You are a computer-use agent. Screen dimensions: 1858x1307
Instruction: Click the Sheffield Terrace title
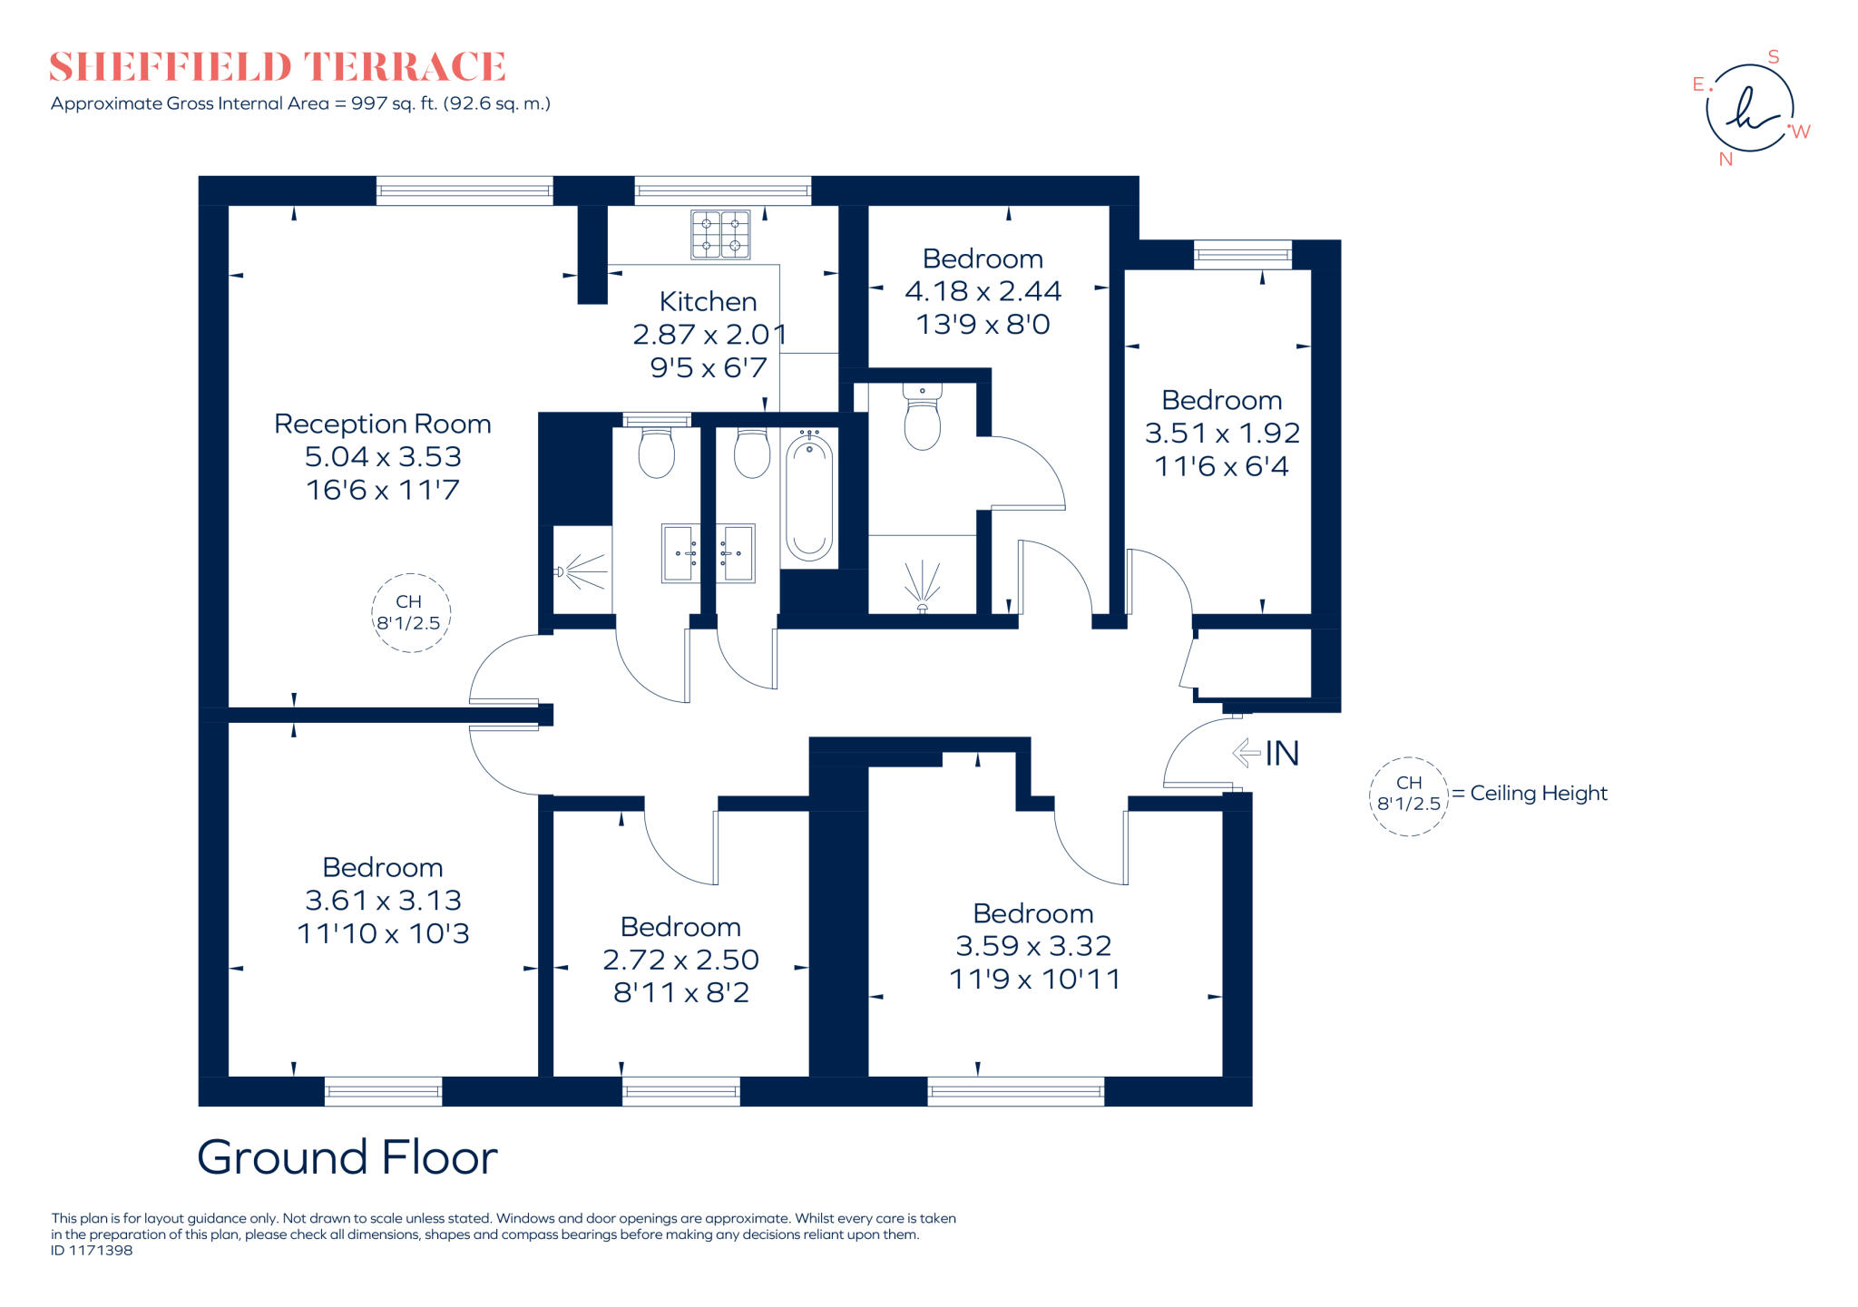277,67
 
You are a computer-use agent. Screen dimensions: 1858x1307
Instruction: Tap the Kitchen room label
708,301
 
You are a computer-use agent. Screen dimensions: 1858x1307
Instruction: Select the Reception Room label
382,424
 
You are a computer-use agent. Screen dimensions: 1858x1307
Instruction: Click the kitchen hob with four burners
720,234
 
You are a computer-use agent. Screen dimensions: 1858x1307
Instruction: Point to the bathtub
808,496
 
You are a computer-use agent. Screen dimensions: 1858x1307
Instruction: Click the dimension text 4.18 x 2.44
983,291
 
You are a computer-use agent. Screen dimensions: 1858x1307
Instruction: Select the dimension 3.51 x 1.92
1222,433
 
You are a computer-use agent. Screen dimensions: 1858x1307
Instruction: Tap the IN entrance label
1282,754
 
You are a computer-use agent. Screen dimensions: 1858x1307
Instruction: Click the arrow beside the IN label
1246,752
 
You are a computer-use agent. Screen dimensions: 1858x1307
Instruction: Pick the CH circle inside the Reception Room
410,613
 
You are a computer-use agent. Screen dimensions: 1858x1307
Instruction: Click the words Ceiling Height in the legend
1539,794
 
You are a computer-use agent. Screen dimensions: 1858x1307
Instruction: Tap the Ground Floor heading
347,1157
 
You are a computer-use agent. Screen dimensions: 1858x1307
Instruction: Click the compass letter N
1726,160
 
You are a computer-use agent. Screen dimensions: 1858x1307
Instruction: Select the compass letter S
1774,57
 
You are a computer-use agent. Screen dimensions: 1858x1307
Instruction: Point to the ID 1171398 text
92,1251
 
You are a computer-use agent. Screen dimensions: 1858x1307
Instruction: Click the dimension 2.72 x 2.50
680,960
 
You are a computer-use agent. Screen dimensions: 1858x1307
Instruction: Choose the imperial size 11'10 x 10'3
383,933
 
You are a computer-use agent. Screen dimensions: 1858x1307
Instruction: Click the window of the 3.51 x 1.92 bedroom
1242,255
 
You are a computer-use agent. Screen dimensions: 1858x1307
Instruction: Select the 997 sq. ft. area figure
395,103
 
